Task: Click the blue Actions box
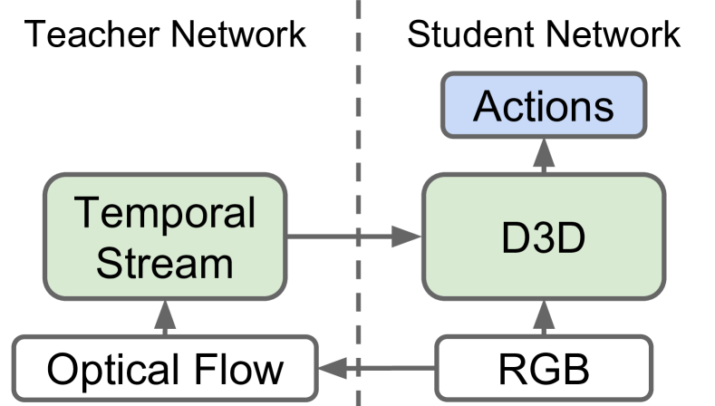[544, 107]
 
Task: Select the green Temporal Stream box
[165, 237]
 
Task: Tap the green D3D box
[544, 237]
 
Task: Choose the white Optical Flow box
[165, 370]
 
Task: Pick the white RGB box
[544, 370]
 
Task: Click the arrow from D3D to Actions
[544, 156]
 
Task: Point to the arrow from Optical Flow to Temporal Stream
[165, 317]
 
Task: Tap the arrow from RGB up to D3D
[544, 317]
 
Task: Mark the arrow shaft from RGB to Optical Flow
[390, 369]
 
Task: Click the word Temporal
[165, 214]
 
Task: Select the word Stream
[165, 263]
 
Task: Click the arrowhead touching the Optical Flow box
[332, 369]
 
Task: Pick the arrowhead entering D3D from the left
[409, 238]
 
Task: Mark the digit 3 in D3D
[544, 238]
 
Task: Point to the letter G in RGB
[545, 370]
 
